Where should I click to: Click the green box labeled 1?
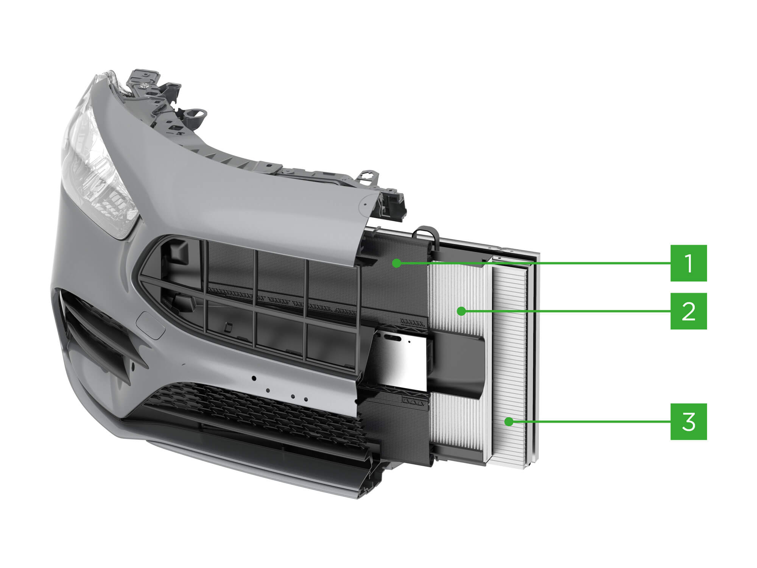pyautogui.click(x=688, y=263)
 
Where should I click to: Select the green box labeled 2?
pyautogui.click(x=688, y=311)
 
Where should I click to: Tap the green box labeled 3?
pyautogui.click(x=688, y=421)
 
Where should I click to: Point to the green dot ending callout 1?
pyautogui.click(x=396, y=263)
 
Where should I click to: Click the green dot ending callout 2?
pyautogui.click(x=461, y=311)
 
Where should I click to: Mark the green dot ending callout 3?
pyautogui.click(x=509, y=421)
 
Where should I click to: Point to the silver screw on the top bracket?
pyautogui.click(x=145, y=86)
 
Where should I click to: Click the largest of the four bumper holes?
pyautogui.click(x=254, y=378)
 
